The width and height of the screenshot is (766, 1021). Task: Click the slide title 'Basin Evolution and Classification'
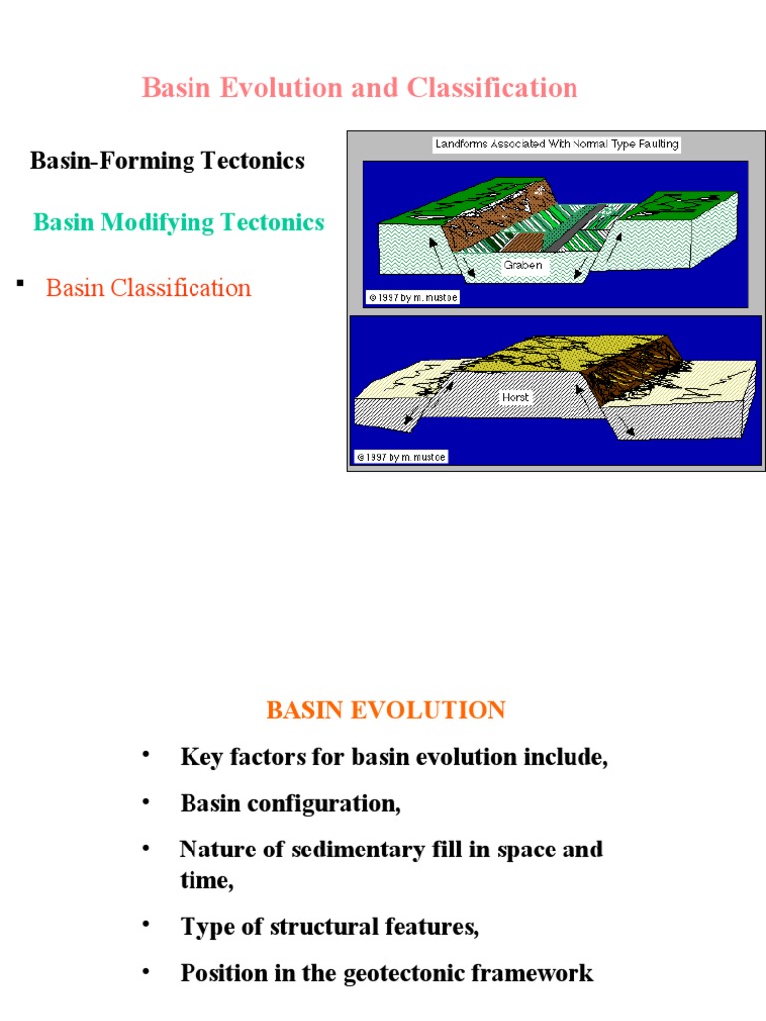[359, 88]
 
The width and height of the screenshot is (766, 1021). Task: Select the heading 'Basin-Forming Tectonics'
[168, 161]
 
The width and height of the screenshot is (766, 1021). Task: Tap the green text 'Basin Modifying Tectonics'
[179, 222]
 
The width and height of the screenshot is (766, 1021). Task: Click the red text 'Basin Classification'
[149, 288]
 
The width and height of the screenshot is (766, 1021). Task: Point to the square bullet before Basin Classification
[20, 285]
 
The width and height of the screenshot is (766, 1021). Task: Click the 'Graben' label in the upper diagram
[522, 266]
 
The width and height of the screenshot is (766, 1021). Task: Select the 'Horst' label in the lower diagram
[515, 396]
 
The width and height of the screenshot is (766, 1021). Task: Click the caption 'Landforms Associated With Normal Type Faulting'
[557, 144]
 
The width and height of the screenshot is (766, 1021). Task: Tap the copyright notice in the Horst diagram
[401, 457]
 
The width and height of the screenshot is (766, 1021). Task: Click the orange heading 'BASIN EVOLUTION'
[385, 711]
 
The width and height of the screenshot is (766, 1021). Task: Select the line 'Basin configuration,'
[290, 803]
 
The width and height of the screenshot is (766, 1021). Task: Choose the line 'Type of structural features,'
[329, 927]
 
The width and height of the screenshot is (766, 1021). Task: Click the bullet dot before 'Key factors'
[147, 754]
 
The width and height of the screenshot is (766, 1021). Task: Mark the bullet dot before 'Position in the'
[147, 970]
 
